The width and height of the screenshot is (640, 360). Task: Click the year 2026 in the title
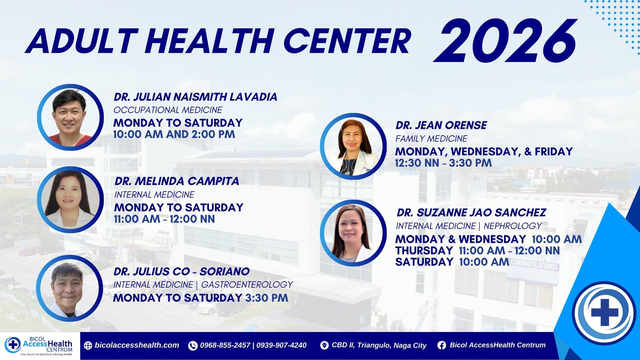click(505, 40)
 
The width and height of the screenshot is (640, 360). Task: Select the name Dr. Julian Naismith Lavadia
click(196, 97)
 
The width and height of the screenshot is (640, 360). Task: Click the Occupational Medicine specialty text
click(168, 110)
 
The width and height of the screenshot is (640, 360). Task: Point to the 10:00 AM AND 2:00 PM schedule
click(174, 134)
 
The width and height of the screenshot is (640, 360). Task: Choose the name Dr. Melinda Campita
click(177, 181)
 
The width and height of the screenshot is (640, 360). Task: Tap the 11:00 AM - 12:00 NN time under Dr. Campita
click(164, 219)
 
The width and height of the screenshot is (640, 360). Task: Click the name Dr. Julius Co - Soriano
click(182, 272)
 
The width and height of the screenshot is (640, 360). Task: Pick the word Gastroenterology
click(247, 284)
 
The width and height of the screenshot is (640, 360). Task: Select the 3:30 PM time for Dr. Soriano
click(266, 298)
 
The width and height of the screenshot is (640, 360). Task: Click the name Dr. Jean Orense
click(442, 125)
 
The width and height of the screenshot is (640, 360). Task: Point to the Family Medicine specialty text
click(432, 138)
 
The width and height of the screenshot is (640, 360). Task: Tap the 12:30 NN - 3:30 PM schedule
click(444, 163)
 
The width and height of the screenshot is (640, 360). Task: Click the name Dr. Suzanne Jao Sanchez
click(472, 212)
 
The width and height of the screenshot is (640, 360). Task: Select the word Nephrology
click(512, 226)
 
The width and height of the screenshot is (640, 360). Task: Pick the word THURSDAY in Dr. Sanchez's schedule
click(424, 250)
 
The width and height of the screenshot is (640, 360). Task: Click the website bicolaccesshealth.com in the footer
click(137, 345)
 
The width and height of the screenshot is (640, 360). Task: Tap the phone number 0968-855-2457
click(225, 345)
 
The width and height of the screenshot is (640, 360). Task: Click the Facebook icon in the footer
click(442, 346)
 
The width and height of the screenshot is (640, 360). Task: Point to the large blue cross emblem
click(604, 312)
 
